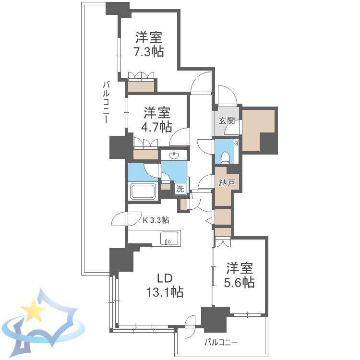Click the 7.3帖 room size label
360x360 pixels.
149,51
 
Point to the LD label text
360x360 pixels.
165,278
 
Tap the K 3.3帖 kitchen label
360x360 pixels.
156,220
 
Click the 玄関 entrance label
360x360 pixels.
227,120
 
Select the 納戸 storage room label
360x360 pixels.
227,183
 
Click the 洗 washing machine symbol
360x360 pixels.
180,189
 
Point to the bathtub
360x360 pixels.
144,191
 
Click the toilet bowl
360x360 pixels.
226,157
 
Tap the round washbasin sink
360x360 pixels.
174,156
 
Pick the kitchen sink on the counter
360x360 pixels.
169,238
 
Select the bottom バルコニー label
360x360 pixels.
221,343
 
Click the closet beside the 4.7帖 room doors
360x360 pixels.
145,154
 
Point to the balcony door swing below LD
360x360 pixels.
191,324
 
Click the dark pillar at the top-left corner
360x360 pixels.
118,9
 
